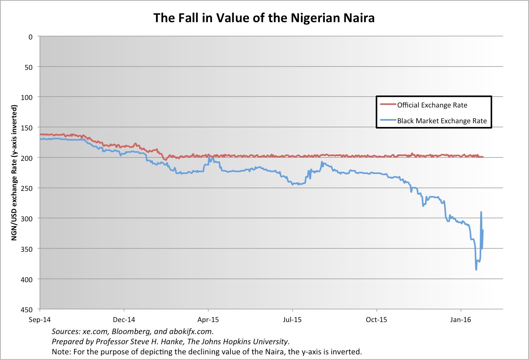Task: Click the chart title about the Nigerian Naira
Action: tap(264, 18)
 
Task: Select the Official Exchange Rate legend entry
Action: tap(432, 105)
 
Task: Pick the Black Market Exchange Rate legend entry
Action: tap(442, 121)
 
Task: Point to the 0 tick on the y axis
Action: tap(30, 37)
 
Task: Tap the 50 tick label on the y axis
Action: tap(29, 67)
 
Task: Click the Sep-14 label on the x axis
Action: tap(40, 320)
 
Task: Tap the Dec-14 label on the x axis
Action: tap(124, 320)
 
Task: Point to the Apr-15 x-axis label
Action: tap(208, 320)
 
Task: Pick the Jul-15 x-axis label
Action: tap(292, 320)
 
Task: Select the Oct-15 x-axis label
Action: tap(376, 320)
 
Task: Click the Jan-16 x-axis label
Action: tap(461, 320)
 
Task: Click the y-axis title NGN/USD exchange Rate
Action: tap(14, 173)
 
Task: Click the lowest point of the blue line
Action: tap(476, 270)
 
